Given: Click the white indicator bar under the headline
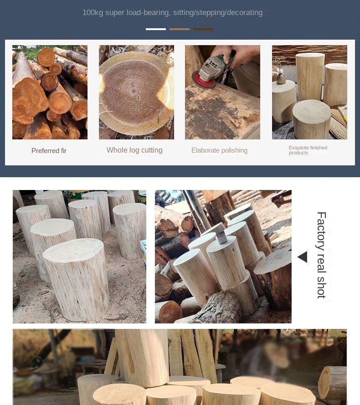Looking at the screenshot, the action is pyautogui.click(x=156, y=29).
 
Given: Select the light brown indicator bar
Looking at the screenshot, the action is pyautogui.click(x=180, y=29).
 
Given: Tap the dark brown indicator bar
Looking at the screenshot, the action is pyautogui.click(x=203, y=29).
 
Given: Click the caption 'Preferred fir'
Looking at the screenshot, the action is pyautogui.click(x=49, y=151).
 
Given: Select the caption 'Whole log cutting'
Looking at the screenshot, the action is pyautogui.click(x=134, y=150).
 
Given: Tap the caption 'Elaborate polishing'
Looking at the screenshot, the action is pyautogui.click(x=219, y=150).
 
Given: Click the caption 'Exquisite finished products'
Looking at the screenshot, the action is pyautogui.click(x=308, y=150).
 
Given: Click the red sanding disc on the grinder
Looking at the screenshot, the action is pyautogui.click(x=203, y=79).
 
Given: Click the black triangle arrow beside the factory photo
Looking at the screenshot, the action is pyautogui.click(x=303, y=257).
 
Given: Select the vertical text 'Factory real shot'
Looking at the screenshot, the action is pyautogui.click(x=321, y=255).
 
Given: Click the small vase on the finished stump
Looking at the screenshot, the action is pyautogui.click(x=281, y=78).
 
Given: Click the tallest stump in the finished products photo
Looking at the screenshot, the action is pyautogui.click(x=310, y=77).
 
